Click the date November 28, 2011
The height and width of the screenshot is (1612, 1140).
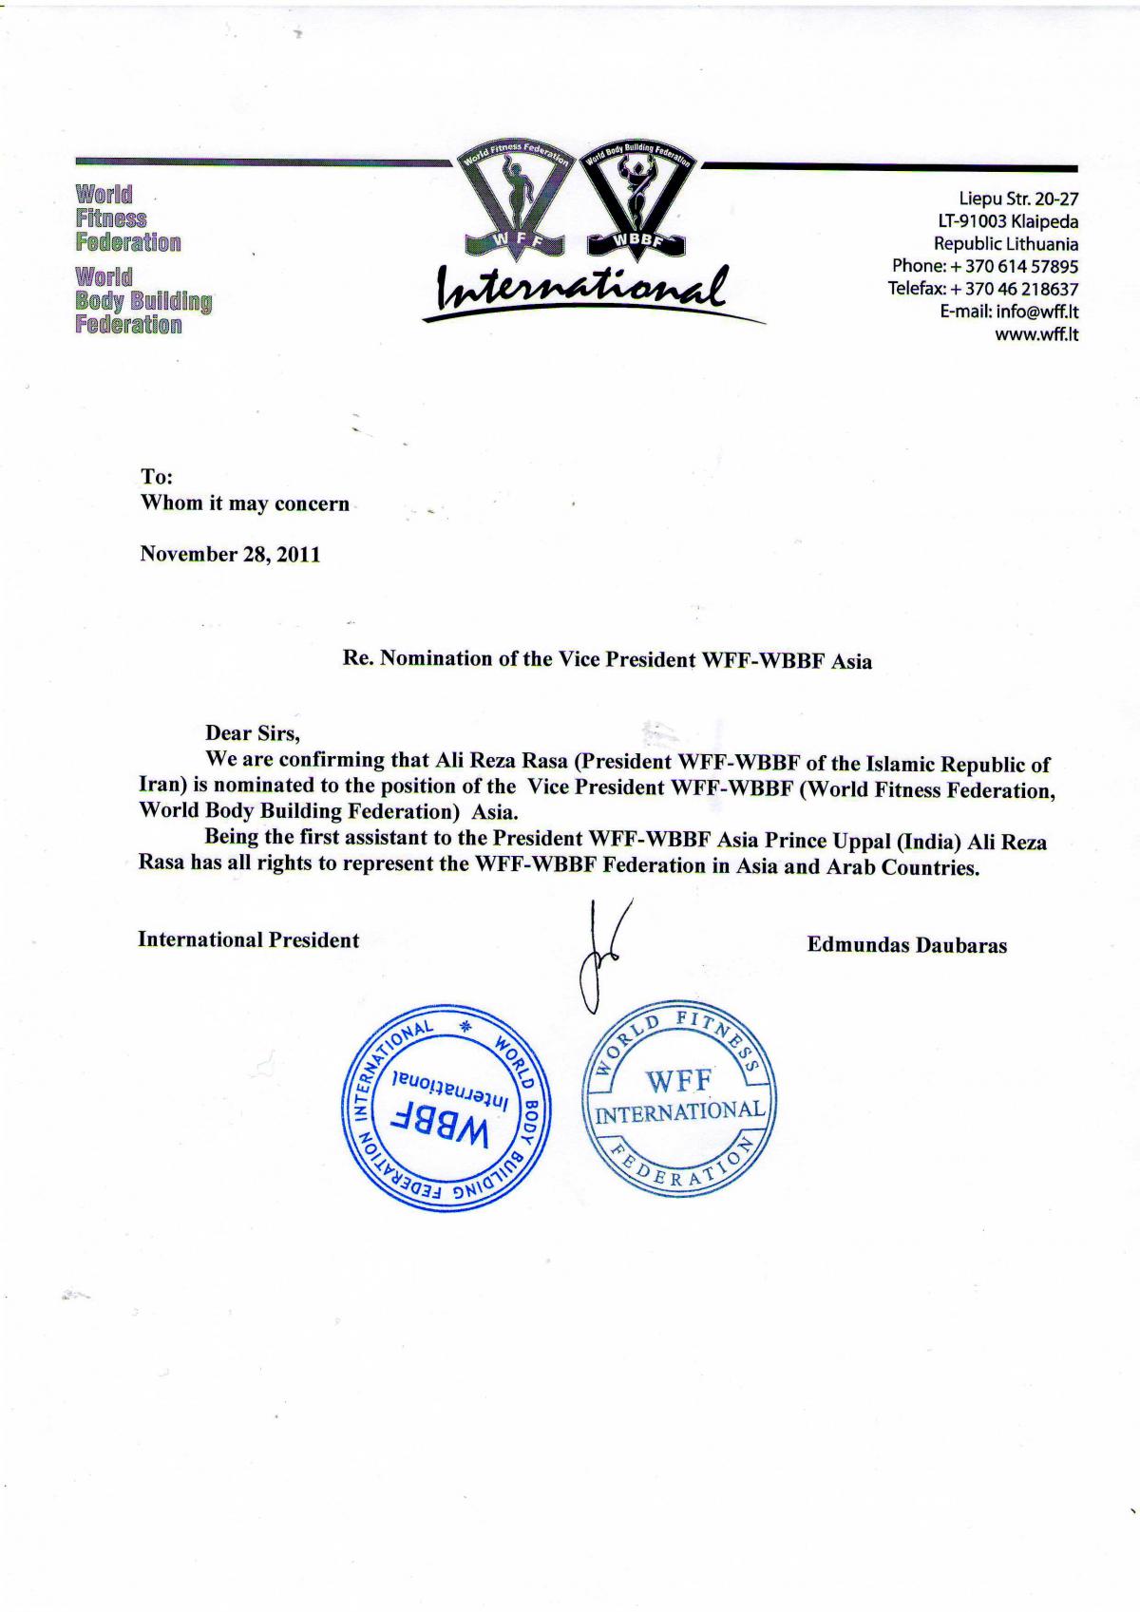coord(230,555)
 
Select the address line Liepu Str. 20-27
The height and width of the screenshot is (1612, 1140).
coord(1018,199)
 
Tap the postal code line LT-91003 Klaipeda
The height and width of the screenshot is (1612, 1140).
coord(1008,221)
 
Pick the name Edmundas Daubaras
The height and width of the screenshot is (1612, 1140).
coord(906,945)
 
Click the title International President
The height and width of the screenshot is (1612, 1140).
coord(249,940)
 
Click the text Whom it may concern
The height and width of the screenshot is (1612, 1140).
coord(245,503)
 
